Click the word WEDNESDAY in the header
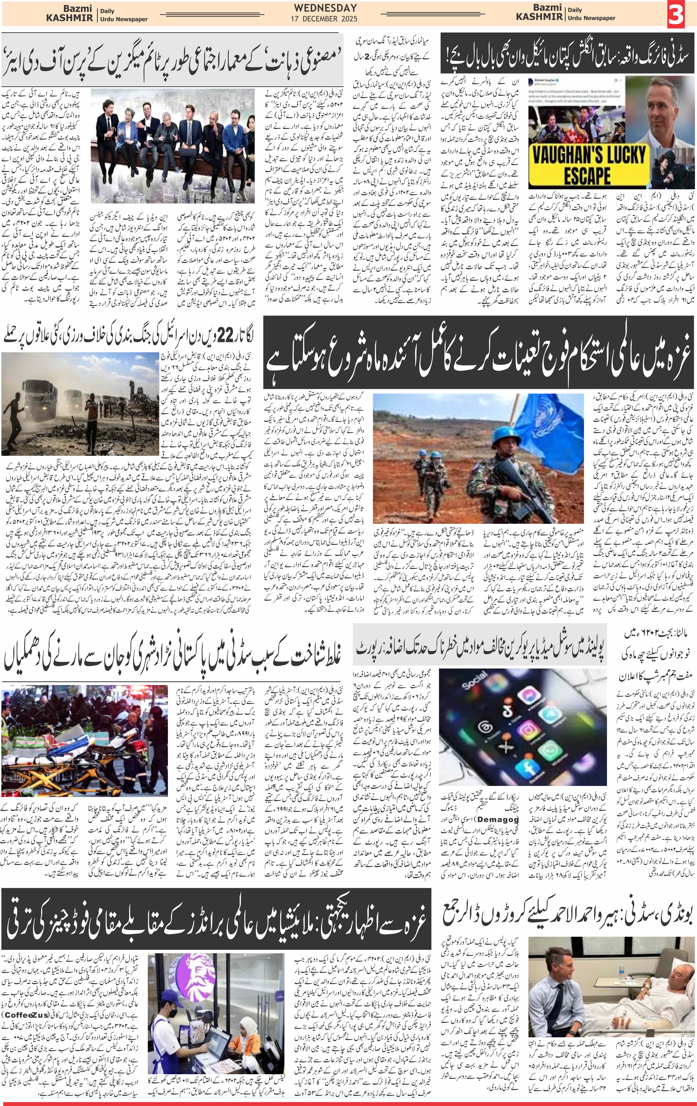[x=325, y=8]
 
